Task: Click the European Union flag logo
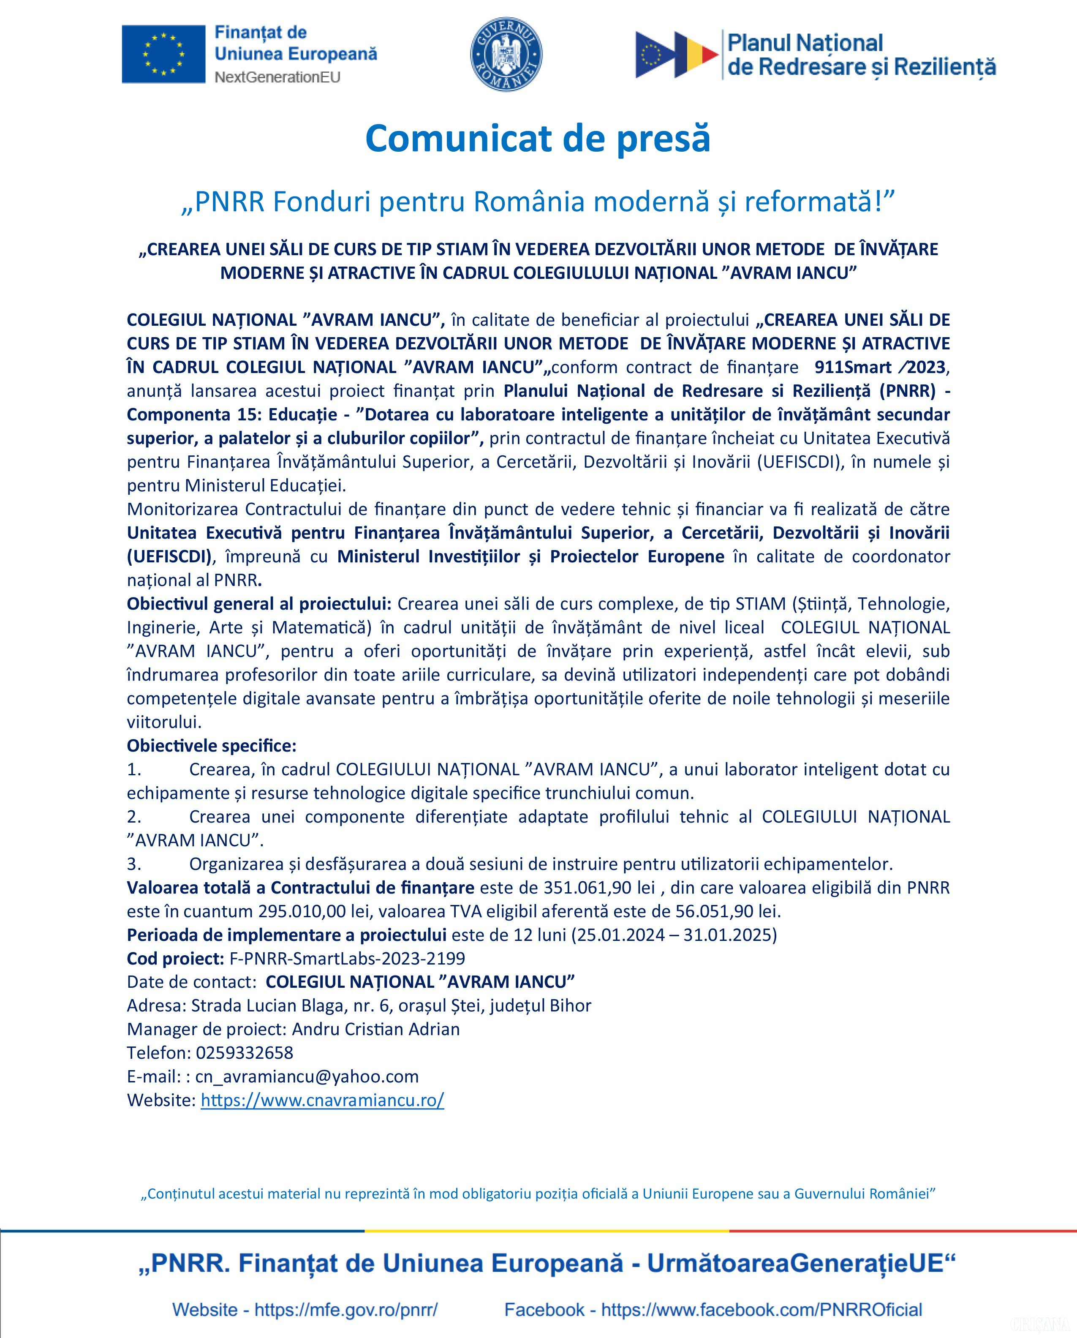point(163,54)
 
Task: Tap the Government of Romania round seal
point(506,54)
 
